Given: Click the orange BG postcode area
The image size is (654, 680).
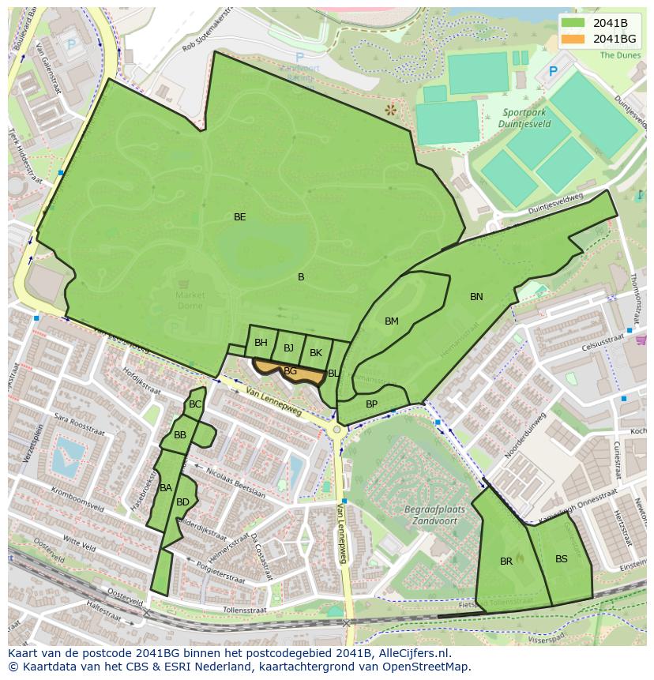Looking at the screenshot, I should tap(291, 371).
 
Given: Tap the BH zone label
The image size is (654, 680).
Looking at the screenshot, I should tap(261, 343).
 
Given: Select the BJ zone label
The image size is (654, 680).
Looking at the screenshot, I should tap(288, 348).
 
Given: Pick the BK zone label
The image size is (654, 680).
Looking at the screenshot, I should tap(316, 353).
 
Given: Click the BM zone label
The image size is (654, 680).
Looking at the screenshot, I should tap(392, 321).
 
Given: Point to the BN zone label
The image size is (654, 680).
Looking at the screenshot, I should tap(476, 297).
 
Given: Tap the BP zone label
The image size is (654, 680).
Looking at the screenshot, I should tap(371, 404).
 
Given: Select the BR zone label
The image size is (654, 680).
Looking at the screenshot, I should tap(506, 562).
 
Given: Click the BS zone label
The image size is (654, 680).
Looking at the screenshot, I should tap(561, 559).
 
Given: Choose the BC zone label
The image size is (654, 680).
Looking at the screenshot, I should tap(195, 404).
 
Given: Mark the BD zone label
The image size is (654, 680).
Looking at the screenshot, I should tap(182, 502).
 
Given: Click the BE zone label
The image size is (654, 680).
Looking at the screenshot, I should tap(239, 216).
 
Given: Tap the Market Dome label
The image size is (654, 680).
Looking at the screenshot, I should tap(190, 301).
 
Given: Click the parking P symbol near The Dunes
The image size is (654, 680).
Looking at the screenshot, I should tap(553, 71).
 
